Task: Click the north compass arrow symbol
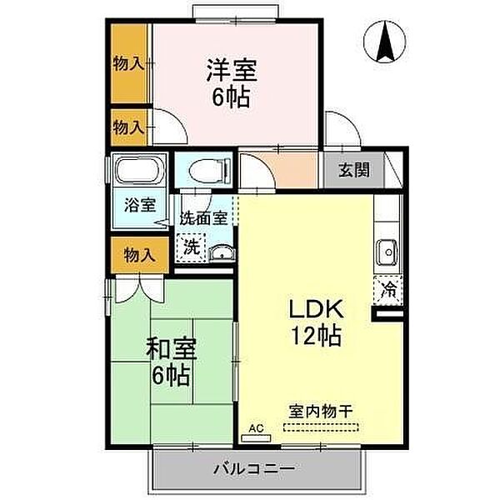387,42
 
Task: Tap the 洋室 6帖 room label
228,82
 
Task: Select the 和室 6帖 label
172,360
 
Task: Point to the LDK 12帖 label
314,322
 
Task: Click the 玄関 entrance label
353,171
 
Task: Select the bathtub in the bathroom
137,172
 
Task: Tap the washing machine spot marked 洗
190,247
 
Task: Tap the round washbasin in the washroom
221,253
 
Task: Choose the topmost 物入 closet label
128,63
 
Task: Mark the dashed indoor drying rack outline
322,428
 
